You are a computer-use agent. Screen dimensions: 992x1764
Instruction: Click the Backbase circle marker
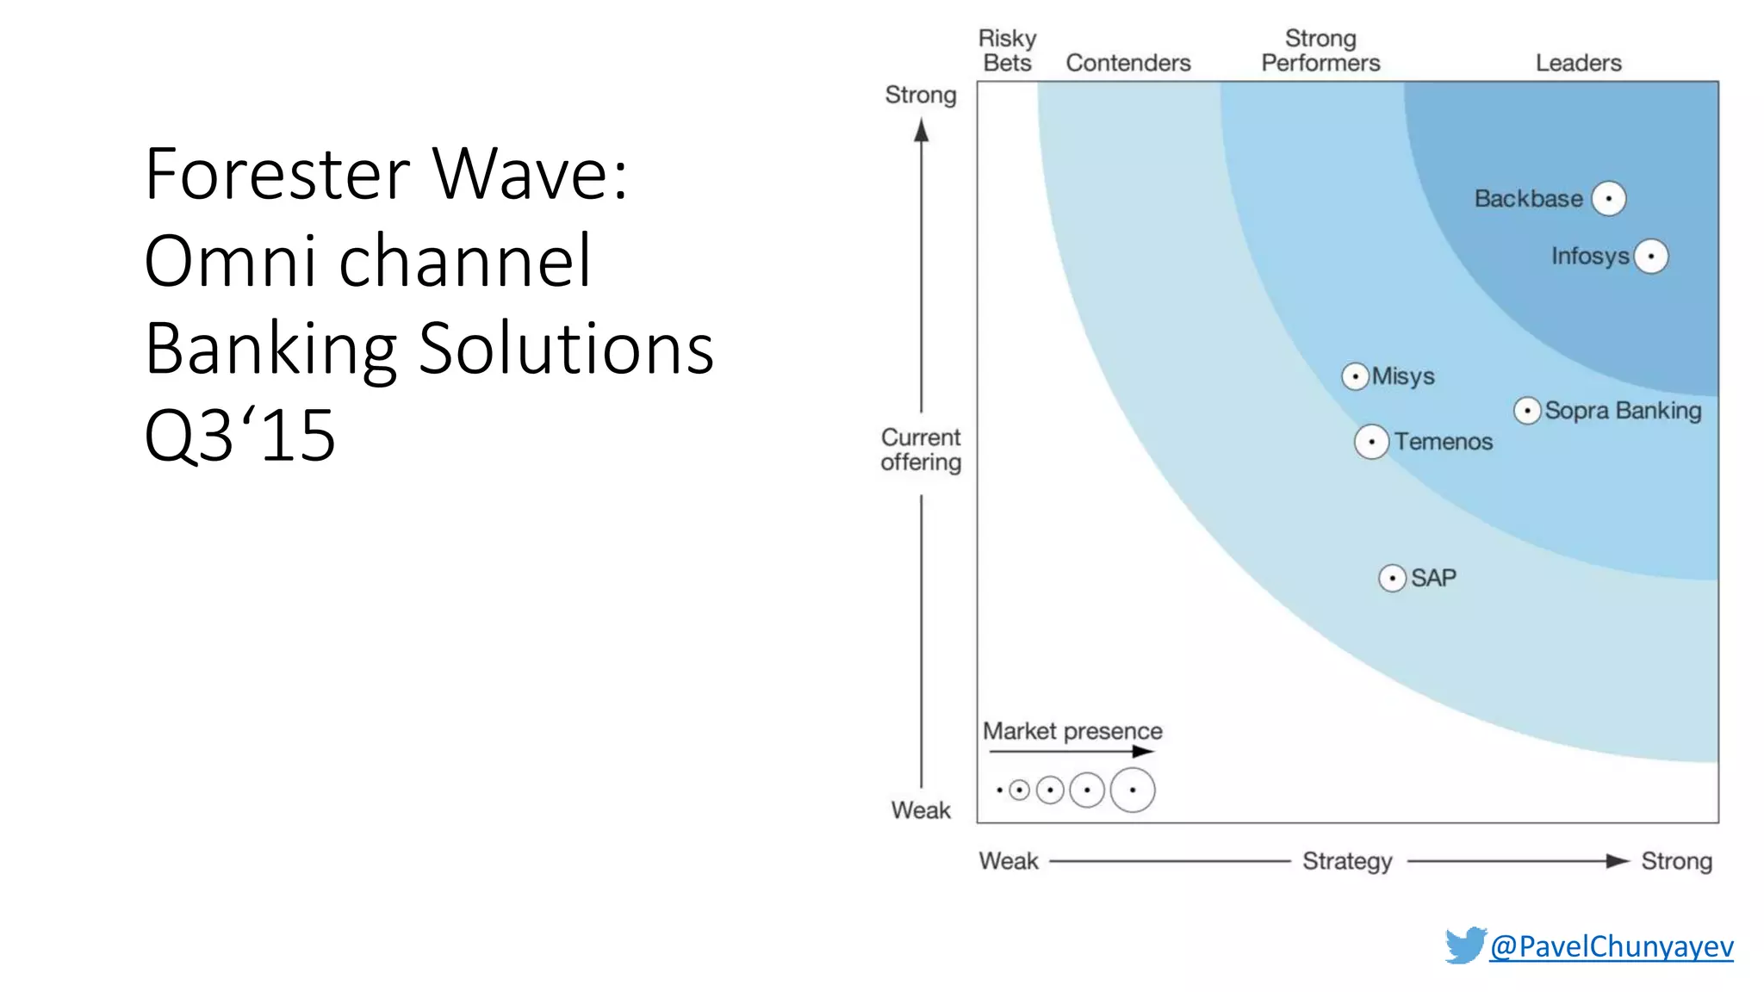click(1608, 199)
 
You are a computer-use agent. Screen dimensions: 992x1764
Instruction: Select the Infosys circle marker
click(1650, 257)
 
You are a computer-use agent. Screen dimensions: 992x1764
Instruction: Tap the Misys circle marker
click(1355, 376)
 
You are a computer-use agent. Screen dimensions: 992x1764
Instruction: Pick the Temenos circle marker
click(1371, 442)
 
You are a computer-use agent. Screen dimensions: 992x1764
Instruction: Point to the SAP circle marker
click(1392, 578)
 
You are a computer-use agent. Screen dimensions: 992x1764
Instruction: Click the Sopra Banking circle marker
click(1527, 411)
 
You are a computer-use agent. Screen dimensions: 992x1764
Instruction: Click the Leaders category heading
click(1578, 63)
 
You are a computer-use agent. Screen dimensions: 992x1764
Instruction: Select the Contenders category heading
click(1127, 63)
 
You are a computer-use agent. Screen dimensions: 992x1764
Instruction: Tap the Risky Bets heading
click(1007, 51)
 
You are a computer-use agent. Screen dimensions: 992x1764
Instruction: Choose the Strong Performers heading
click(1320, 51)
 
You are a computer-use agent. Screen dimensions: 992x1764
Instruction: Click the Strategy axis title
click(1347, 861)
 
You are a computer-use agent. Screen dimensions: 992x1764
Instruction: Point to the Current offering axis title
click(921, 449)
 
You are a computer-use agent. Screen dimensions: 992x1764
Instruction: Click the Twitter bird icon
click(1465, 945)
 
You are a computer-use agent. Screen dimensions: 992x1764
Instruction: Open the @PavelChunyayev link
click(1611, 946)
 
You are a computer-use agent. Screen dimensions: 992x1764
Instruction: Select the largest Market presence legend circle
click(1132, 790)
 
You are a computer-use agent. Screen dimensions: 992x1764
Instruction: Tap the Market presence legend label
click(1072, 731)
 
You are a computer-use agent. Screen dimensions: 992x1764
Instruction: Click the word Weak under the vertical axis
click(921, 810)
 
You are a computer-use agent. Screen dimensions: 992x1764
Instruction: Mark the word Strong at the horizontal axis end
click(1676, 861)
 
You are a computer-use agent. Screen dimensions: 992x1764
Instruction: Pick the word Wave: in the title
click(531, 174)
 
